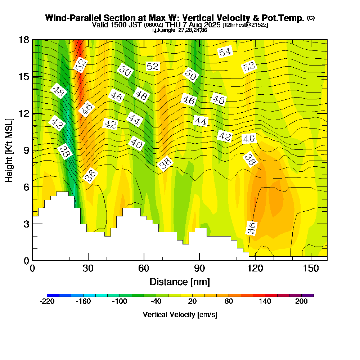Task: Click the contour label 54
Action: coord(225,52)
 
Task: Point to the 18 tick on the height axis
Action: coord(32,40)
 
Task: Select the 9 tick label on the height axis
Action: coord(24,150)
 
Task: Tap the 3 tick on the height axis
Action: coord(32,224)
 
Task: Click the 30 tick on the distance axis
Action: coord(88,260)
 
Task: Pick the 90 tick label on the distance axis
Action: coord(199,268)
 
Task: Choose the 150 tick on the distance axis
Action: coord(311,260)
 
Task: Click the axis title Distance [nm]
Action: coord(180,282)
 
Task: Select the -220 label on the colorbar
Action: coord(47,302)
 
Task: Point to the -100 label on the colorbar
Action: coord(120,302)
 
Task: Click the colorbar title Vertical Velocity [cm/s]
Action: coord(180,315)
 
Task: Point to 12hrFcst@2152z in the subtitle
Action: coord(245,25)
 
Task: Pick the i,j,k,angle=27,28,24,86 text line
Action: coord(180,30)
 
